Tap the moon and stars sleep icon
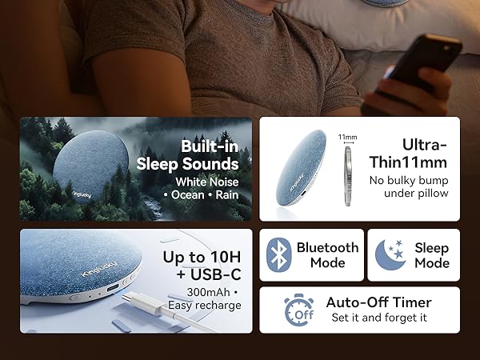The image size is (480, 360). tap(390, 255)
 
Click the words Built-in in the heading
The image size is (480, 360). tap(209, 146)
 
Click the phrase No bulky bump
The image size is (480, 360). tap(409, 180)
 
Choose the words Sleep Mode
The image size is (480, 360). tap(431, 255)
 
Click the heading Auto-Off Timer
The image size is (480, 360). tap(378, 302)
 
